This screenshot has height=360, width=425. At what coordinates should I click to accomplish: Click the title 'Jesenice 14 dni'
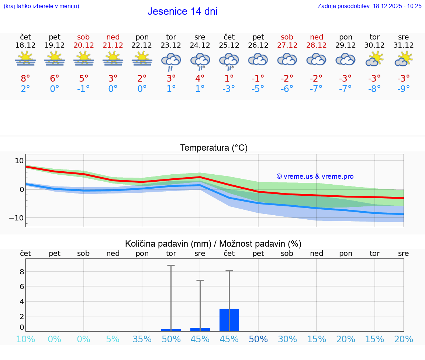point(182,11)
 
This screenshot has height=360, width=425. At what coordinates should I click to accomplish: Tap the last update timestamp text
point(369,6)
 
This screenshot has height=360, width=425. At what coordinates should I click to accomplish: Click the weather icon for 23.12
point(171,61)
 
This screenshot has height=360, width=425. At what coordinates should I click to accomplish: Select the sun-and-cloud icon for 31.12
point(404,59)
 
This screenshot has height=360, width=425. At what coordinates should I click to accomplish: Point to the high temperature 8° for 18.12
point(25,78)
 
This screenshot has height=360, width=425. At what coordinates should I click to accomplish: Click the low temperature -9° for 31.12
point(404,89)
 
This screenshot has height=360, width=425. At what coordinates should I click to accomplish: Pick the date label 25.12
point(229,45)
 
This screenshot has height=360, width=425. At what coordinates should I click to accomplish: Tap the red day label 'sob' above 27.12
point(287,37)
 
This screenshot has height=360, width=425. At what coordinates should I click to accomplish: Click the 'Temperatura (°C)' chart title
point(214,148)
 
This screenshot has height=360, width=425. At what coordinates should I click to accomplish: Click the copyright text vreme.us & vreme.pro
point(315,176)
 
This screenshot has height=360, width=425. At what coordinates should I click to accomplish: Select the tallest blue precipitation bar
point(229,320)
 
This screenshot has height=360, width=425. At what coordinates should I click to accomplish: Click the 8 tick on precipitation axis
point(22,271)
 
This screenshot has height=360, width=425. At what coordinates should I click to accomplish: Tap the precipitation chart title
point(213,244)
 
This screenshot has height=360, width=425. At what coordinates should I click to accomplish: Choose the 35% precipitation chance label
point(142,339)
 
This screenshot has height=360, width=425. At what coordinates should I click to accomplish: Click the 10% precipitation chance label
point(25,339)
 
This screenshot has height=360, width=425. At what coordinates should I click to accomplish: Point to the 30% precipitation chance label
point(287,339)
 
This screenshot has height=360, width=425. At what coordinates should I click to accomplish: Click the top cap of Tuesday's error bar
point(171,265)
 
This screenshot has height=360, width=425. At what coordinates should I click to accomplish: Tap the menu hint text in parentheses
point(41,6)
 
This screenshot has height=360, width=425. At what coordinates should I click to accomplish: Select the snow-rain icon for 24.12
point(200,61)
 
